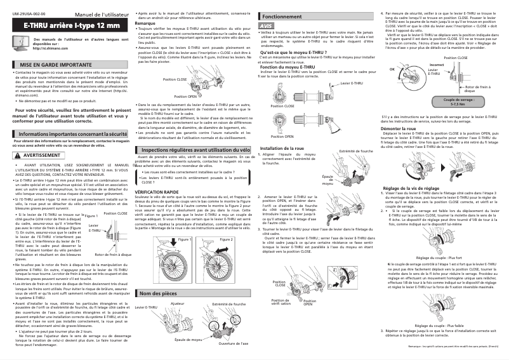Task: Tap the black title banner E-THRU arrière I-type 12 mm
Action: coord(70,25)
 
